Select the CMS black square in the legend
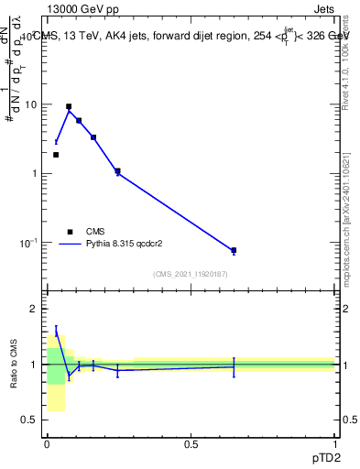pos(70,232)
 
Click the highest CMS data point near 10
pos(69,106)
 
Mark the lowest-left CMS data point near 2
pos(56,155)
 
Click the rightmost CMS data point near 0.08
pos(234,250)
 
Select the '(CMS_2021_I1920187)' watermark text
pos(191,274)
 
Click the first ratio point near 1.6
pos(56,333)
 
